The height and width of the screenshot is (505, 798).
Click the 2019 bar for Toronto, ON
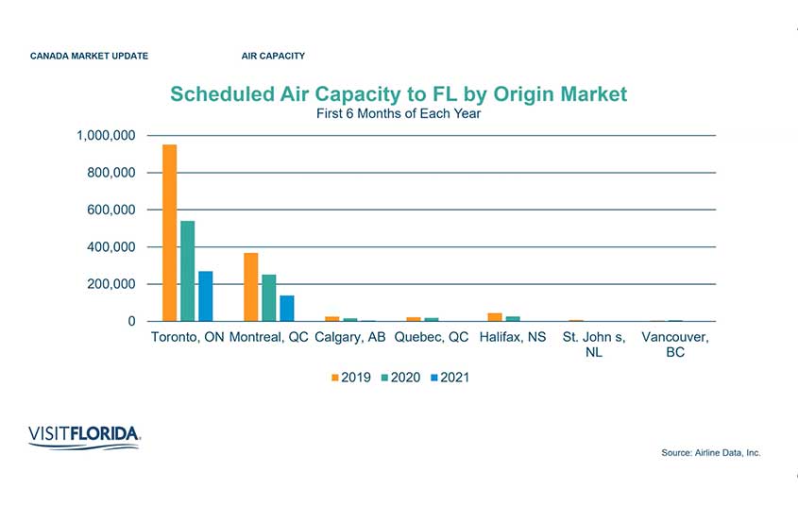coord(170,233)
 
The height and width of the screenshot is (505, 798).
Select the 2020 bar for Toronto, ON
coord(188,272)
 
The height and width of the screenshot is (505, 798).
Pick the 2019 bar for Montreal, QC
coord(251,287)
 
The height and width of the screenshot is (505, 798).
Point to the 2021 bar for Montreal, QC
coord(287,309)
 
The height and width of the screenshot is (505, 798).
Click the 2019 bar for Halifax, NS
coord(495,317)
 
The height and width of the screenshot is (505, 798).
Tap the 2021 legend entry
coord(449,378)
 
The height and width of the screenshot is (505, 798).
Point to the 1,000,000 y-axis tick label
coord(106,136)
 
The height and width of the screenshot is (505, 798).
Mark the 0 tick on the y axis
coord(132,322)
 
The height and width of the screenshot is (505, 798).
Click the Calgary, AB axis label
coord(350,337)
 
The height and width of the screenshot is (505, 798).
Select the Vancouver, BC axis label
coord(674,345)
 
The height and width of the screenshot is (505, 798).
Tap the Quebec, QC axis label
coord(432,337)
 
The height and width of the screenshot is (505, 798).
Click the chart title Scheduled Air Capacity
coord(398,94)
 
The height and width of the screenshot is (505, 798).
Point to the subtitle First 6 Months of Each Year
coord(398,114)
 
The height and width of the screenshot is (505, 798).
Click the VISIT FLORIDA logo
coord(85,435)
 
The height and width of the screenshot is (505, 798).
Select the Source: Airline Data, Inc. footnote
coord(710,453)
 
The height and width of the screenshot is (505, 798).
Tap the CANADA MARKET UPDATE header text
coord(89,57)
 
